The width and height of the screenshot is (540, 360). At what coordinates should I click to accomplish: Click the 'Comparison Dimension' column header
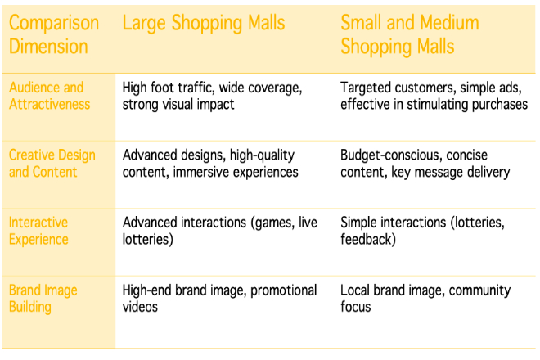tap(54, 34)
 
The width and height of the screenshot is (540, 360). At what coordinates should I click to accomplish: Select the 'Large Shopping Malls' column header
tap(204, 24)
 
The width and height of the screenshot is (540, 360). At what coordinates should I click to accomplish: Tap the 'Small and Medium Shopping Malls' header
tap(410, 34)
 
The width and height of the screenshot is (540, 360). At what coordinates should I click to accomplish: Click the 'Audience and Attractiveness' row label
tap(50, 96)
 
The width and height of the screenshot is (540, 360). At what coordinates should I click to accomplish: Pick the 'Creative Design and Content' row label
tap(52, 164)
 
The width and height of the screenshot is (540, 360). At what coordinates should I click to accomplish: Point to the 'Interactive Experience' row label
tap(38, 231)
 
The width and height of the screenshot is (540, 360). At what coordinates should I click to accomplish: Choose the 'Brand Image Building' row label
tap(43, 299)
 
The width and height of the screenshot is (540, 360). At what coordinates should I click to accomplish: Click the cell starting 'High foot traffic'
tap(212, 96)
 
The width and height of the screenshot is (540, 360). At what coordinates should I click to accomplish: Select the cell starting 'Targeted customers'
tap(434, 96)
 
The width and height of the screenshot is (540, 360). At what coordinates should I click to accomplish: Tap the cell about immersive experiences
tap(210, 164)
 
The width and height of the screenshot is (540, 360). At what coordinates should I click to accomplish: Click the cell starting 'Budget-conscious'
tap(425, 164)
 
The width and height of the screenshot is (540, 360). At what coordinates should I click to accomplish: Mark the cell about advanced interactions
tap(220, 231)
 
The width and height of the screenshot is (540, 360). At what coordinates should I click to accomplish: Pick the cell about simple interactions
tap(422, 231)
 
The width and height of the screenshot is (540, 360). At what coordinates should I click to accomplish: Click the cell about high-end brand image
tap(220, 299)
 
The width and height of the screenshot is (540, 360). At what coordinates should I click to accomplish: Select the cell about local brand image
tap(425, 299)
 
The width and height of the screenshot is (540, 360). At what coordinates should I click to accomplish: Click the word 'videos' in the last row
tap(140, 307)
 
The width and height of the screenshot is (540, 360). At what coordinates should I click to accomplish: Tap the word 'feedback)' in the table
tap(368, 240)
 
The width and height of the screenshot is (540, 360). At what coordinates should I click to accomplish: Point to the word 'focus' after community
tap(356, 307)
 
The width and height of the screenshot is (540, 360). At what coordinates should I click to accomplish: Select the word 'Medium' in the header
tap(449, 24)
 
